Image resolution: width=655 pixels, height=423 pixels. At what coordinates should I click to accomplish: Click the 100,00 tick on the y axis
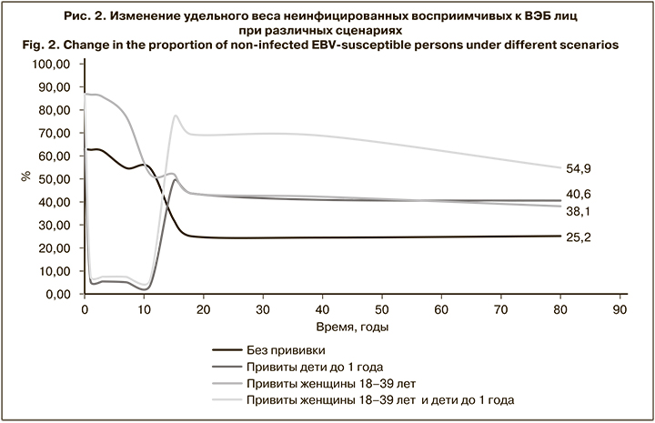click(x=51, y=65)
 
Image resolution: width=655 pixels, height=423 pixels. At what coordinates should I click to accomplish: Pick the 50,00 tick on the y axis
click(x=54, y=179)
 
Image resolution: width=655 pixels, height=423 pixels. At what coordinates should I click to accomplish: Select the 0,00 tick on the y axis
click(x=57, y=295)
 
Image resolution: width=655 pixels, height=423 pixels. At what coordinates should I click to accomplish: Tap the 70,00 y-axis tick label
click(x=54, y=134)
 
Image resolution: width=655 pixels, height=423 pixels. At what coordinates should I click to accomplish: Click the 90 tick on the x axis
click(x=621, y=309)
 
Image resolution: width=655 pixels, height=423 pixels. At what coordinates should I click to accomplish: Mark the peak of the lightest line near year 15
click(x=175, y=116)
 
